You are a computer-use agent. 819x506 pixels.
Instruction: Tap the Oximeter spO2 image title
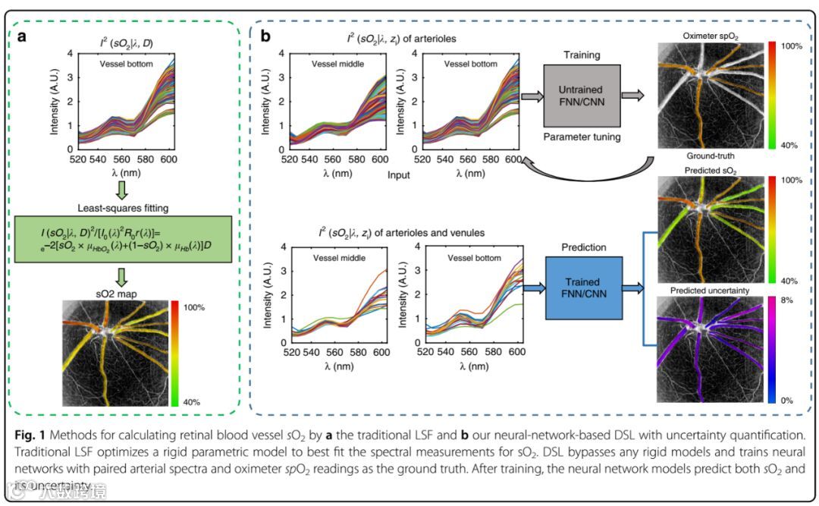pos(710,35)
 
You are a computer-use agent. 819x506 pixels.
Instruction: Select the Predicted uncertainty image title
pos(708,291)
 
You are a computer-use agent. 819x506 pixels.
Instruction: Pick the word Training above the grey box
pos(582,55)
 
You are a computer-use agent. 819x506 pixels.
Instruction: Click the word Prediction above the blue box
pos(583,247)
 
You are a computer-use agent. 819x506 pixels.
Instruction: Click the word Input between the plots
pos(397,175)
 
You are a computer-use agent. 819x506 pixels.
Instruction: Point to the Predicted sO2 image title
pos(709,171)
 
